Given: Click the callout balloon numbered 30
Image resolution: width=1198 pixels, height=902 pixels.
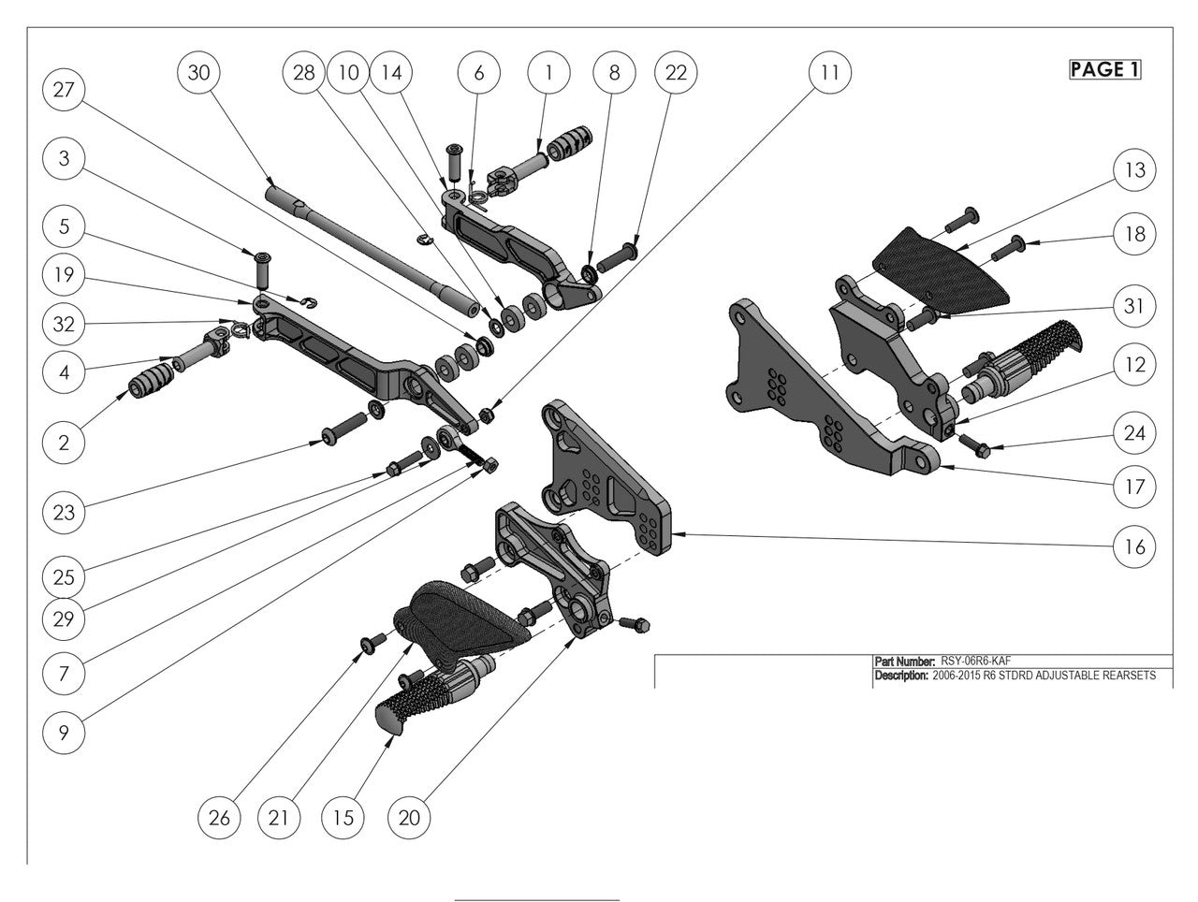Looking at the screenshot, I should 199,73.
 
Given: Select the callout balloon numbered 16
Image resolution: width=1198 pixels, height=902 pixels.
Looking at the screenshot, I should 1134,546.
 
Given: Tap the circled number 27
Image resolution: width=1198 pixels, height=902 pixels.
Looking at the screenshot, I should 65,91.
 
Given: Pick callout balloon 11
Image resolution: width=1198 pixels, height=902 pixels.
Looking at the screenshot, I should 830,72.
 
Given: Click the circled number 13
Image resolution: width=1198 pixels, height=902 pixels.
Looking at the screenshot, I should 1134,170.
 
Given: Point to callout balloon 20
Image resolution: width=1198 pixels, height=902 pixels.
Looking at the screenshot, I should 409,817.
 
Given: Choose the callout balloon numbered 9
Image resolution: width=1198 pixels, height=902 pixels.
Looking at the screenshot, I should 65,733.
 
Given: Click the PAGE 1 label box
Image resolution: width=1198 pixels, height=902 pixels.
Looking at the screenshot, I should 1104,69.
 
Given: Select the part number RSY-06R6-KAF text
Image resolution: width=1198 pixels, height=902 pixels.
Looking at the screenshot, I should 976,661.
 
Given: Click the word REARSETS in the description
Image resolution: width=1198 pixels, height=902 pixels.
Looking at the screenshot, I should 1130,676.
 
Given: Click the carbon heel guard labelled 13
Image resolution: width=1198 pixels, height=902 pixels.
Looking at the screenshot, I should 945,263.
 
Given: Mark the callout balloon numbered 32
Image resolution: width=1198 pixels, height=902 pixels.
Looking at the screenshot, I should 65,325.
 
